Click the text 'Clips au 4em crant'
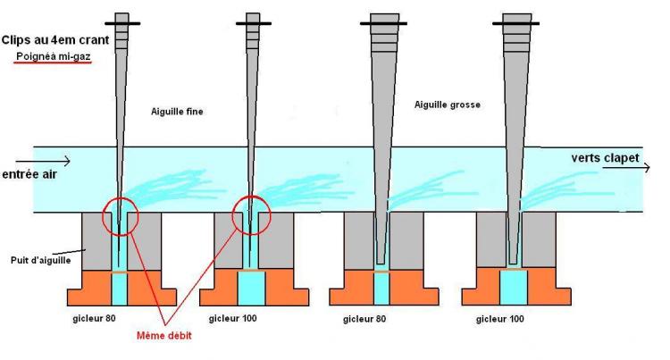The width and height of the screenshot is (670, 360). click(x=55, y=40)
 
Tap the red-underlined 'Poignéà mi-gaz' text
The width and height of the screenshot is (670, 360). click(x=54, y=56)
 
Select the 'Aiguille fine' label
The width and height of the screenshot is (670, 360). click(x=177, y=112)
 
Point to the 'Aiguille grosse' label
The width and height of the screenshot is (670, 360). click(x=448, y=105)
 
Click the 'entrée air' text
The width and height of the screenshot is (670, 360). click(x=29, y=174)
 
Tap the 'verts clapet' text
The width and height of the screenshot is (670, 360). click(x=605, y=158)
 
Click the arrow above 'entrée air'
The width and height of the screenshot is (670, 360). click(x=43, y=161)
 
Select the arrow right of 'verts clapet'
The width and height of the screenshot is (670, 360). click(x=626, y=167)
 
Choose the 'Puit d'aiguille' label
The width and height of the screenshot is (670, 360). click(x=41, y=260)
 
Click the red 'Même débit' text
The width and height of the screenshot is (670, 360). click(x=164, y=336)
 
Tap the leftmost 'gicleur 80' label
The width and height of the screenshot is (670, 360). click(x=94, y=319)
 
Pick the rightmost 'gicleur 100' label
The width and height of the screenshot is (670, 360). click(x=500, y=319)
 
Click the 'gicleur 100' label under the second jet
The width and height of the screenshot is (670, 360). click(x=233, y=319)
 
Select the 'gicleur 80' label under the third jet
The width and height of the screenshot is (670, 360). click(x=364, y=319)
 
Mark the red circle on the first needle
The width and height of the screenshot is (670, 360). click(x=103, y=215)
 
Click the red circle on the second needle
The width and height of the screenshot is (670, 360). click(x=233, y=215)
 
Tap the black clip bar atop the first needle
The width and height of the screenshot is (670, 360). click(x=122, y=23)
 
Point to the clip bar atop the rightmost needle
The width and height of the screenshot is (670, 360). click(x=515, y=23)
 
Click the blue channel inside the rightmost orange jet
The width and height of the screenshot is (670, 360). click(x=514, y=288)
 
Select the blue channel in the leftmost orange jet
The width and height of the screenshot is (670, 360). click(x=120, y=289)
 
